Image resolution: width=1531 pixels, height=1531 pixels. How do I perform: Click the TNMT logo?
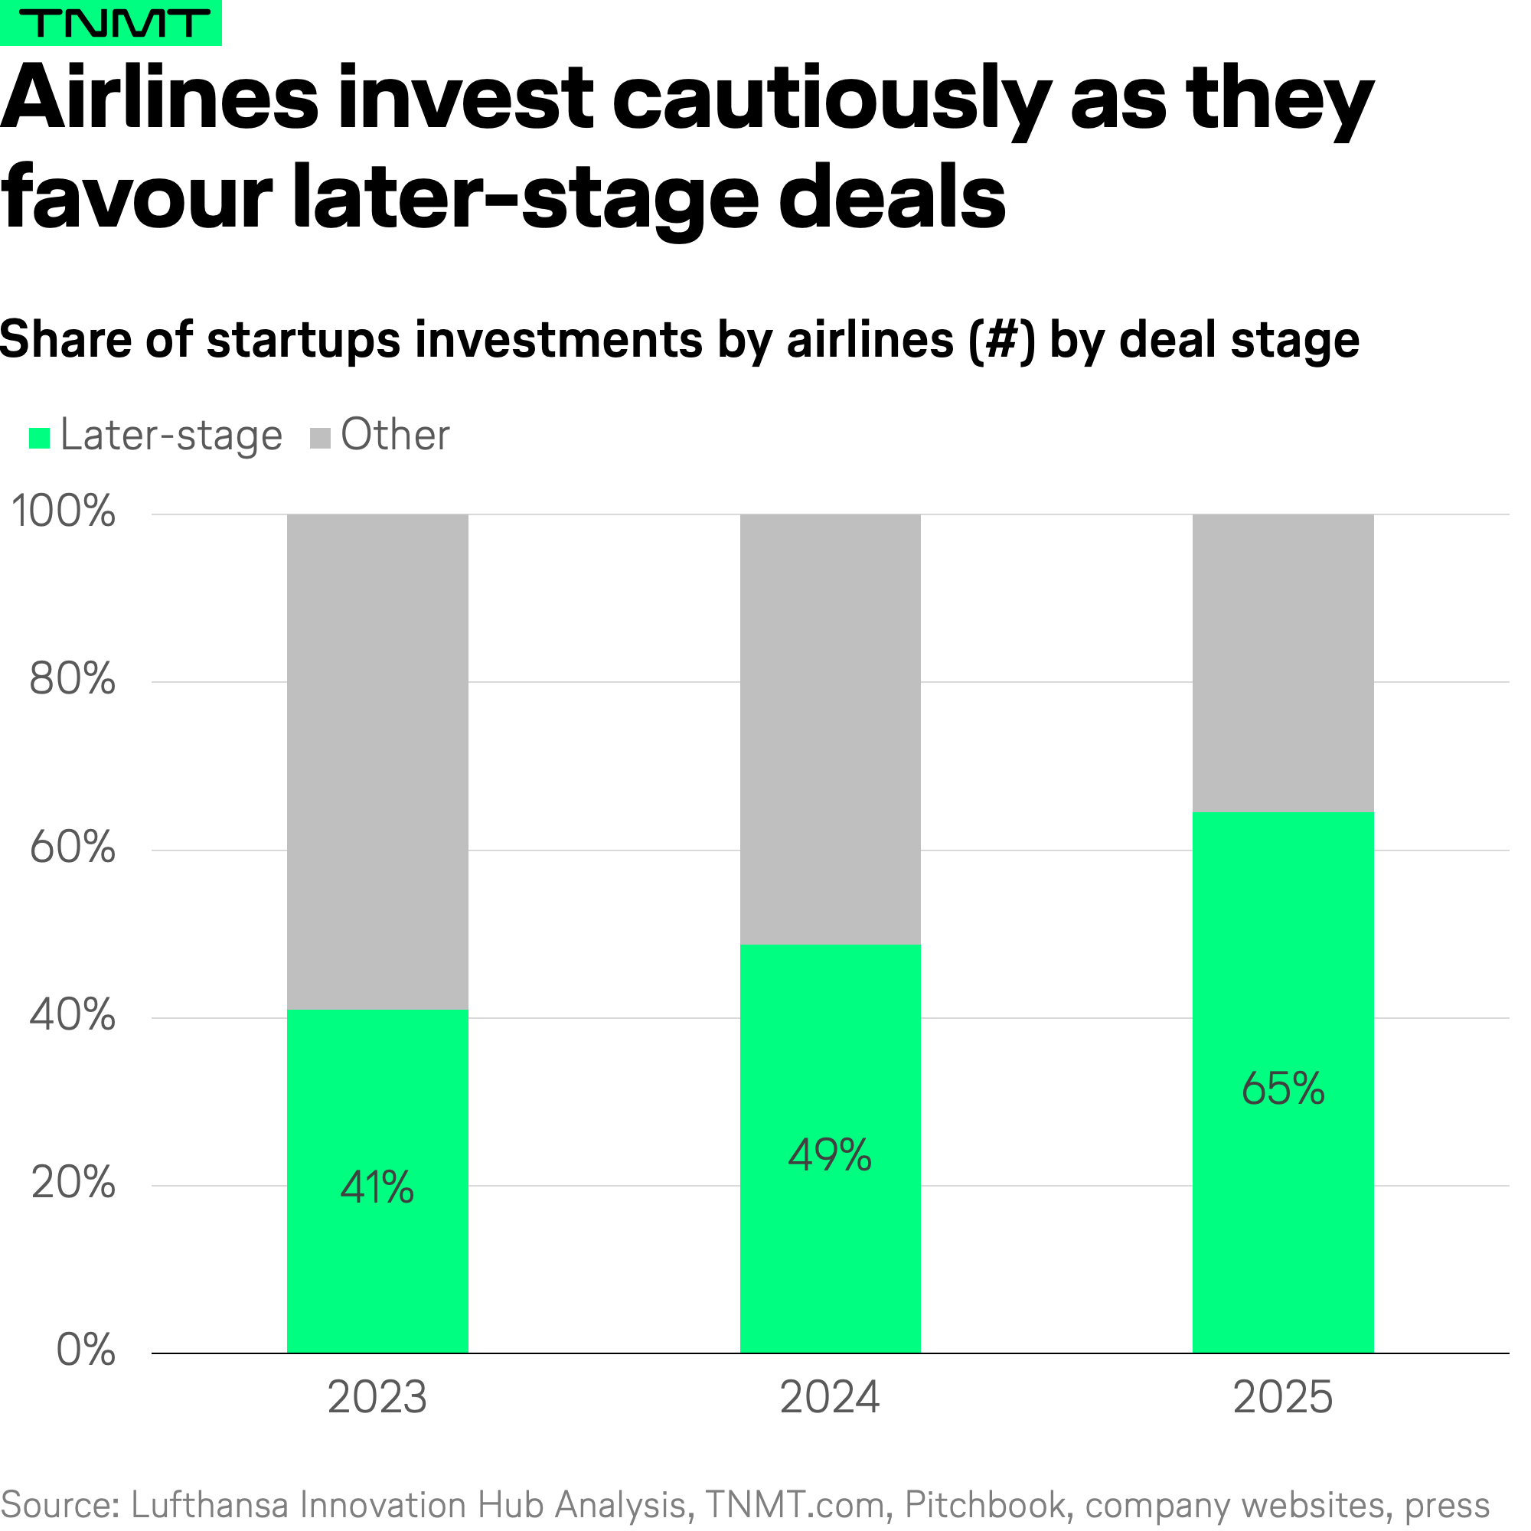[111, 23]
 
